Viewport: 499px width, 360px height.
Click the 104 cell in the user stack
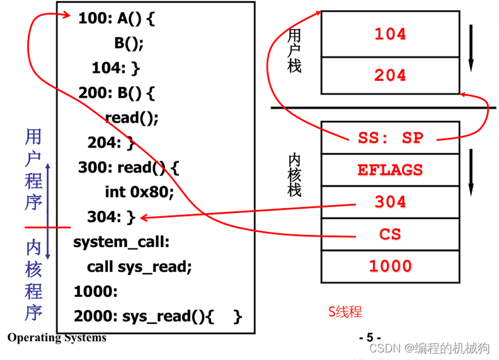390,34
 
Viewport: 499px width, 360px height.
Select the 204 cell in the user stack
390,75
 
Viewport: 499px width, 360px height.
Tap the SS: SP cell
390,137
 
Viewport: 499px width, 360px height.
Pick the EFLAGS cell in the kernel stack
390,170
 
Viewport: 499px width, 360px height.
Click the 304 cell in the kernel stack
390,202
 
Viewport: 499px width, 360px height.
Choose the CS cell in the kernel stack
390,235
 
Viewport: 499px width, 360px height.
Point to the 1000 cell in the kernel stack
390,266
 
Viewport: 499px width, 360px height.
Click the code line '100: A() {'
117,18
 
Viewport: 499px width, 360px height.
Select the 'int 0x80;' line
139,192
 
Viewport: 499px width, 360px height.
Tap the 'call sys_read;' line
139,267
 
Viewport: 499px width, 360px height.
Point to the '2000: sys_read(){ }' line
158,316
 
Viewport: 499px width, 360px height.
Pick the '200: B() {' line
117,93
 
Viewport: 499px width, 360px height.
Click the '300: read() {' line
129,168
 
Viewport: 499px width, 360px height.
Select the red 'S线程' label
345,311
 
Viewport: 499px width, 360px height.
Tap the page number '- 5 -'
369,337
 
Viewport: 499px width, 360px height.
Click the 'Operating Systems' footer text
57,338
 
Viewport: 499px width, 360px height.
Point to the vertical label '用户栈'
294,50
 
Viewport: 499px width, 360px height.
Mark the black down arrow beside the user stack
471,47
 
